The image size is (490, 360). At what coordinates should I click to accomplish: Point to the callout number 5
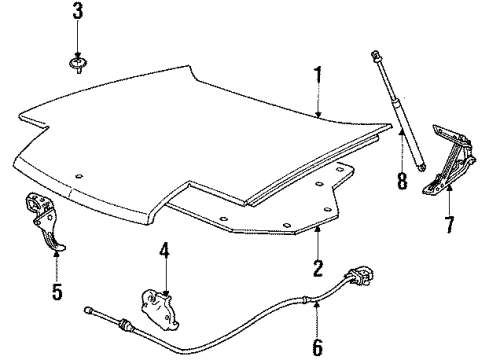pyautogui.click(x=56, y=292)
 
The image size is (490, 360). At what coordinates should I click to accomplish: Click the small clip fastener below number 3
pyautogui.click(x=77, y=66)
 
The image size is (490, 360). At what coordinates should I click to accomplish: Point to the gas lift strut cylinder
pyautogui.click(x=406, y=129)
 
